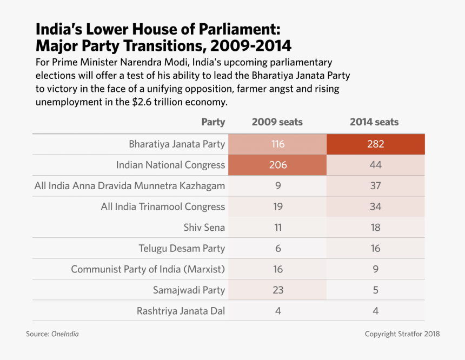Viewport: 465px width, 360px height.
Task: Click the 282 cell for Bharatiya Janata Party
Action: pyautogui.click(x=375, y=144)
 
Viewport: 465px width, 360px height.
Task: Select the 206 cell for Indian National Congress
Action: pyautogui.click(x=277, y=165)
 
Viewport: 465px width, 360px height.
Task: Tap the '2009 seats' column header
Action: pyautogui.click(x=277, y=122)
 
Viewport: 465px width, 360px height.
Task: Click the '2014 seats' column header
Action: pyautogui.click(x=374, y=122)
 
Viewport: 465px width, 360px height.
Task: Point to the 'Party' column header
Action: pyautogui.click(x=213, y=122)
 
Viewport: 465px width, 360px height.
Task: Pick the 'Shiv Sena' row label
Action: pyautogui.click(x=204, y=228)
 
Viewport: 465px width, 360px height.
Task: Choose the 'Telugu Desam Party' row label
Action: pyautogui.click(x=182, y=249)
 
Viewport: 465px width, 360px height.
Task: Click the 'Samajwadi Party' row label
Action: pyautogui.click(x=189, y=290)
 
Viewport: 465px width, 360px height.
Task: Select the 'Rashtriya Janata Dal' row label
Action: pyautogui.click(x=181, y=311)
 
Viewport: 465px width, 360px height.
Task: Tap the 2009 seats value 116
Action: pyautogui.click(x=277, y=144)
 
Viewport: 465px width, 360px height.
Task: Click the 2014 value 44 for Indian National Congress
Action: pyautogui.click(x=375, y=165)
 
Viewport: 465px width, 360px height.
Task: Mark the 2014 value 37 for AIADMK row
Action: pyautogui.click(x=375, y=186)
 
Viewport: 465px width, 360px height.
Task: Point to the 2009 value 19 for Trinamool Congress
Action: pyautogui.click(x=277, y=206)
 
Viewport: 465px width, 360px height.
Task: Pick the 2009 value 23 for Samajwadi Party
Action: pyautogui.click(x=277, y=290)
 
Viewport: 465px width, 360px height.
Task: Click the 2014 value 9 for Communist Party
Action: pyautogui.click(x=375, y=269)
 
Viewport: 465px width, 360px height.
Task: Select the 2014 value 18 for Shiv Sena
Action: pyautogui.click(x=375, y=228)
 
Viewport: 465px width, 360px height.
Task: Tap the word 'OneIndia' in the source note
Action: pyautogui.click(x=65, y=334)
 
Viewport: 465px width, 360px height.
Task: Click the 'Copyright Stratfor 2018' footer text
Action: pyautogui.click(x=402, y=334)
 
